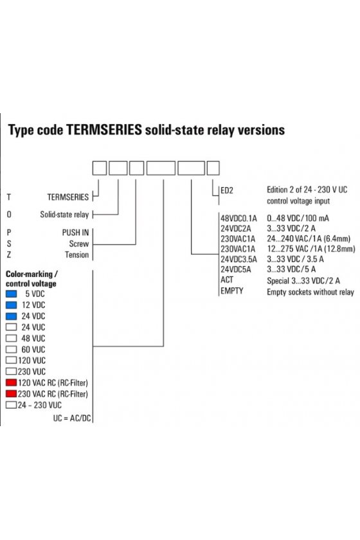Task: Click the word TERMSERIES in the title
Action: click(x=104, y=130)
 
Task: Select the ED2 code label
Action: click(x=227, y=190)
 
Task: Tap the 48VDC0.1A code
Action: click(x=239, y=219)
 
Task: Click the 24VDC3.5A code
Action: click(x=239, y=259)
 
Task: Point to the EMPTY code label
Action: click(x=232, y=291)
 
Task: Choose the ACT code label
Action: click(x=227, y=280)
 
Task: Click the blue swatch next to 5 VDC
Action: click(x=12, y=294)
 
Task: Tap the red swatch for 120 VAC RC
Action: click(x=12, y=382)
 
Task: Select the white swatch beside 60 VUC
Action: click(x=12, y=349)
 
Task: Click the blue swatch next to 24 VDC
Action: click(x=12, y=316)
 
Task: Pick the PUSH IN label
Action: click(x=75, y=233)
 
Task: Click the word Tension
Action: click(x=77, y=255)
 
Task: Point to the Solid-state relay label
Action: click(x=64, y=215)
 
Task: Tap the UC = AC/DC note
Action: click(x=72, y=418)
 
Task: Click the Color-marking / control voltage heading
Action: click(x=31, y=279)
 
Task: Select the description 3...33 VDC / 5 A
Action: click(x=291, y=269)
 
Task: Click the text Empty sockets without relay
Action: click(x=310, y=292)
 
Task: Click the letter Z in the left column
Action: click(x=9, y=255)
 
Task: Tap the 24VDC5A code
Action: click(x=236, y=269)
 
